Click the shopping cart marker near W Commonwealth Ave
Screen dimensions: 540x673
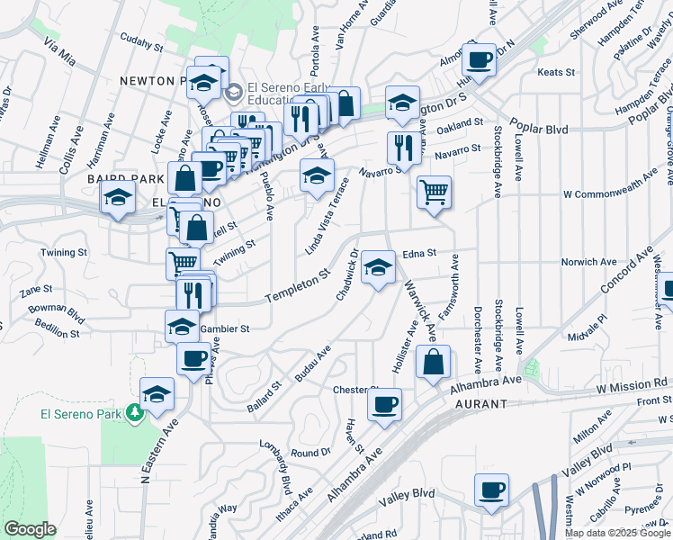click(x=434, y=192)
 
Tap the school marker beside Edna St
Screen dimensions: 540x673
click(x=379, y=266)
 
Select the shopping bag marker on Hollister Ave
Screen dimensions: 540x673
click(x=434, y=361)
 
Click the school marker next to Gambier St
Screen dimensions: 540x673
click(x=183, y=325)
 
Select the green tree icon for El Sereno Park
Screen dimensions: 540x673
click(x=135, y=411)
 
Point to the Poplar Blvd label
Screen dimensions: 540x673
click(x=538, y=129)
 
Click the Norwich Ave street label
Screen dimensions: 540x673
click(x=588, y=262)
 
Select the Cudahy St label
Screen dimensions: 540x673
click(x=141, y=42)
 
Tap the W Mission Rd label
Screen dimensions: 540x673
click(x=633, y=383)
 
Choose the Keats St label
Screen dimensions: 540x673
click(x=555, y=72)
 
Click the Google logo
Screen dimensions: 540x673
click(x=30, y=528)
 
